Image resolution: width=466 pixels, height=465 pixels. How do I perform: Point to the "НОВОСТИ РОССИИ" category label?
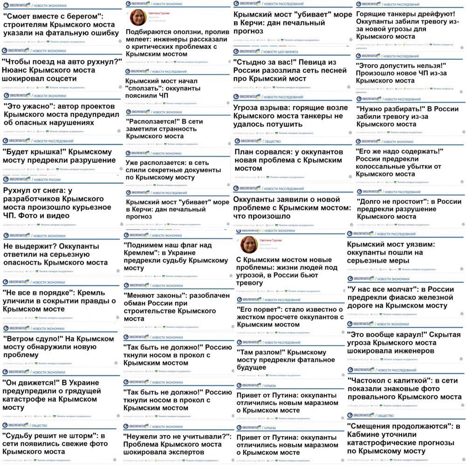[x=47, y=179]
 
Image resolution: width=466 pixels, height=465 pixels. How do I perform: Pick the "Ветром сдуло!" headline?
[x=58, y=347]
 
